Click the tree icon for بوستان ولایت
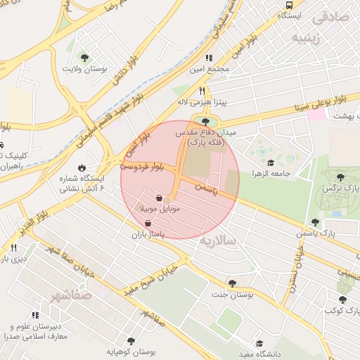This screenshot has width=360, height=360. [x=85, y=58]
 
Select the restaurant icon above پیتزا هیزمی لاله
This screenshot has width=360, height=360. [x=202, y=91]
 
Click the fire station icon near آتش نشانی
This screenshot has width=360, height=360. [x=82, y=168]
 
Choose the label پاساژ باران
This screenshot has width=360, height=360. [x=147, y=234]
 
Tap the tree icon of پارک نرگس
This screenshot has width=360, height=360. [x=341, y=178]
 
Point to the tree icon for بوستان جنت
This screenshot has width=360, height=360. [x=232, y=283]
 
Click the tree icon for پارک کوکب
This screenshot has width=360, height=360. [x=342, y=300]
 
